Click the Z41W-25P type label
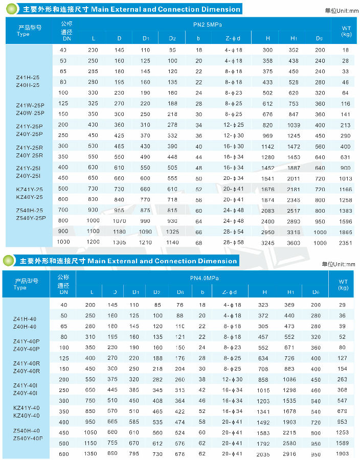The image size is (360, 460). (30, 105)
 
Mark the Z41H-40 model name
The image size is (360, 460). (25, 319)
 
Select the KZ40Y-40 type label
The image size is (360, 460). (25, 415)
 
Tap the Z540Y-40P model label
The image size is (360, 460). (28, 438)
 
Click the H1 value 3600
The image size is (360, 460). (294, 243)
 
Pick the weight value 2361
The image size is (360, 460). (346, 243)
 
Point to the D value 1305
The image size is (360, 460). (120, 243)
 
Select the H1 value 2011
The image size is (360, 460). (294, 178)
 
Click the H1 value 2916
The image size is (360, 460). (289, 453)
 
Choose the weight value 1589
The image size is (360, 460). (343, 444)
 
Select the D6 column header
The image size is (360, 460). (181, 292)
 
